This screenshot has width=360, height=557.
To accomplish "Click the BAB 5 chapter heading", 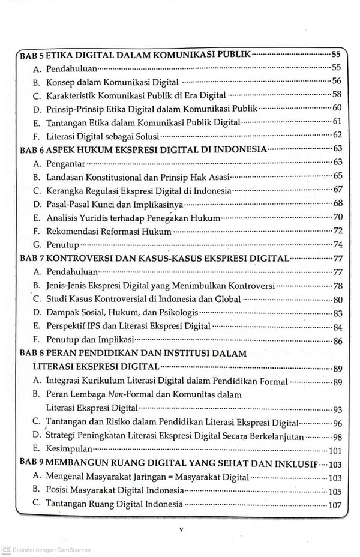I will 135,55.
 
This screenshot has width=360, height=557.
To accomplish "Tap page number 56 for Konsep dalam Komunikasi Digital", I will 337,81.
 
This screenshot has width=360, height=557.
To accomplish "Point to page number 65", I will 338,176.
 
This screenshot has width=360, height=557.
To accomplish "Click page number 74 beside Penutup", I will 338,244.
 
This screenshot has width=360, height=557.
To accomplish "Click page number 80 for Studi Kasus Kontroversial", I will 338,299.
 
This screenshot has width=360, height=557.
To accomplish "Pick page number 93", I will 338,409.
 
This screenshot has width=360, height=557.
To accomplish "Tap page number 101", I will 335,450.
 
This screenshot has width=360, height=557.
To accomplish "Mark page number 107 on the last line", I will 335,505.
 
